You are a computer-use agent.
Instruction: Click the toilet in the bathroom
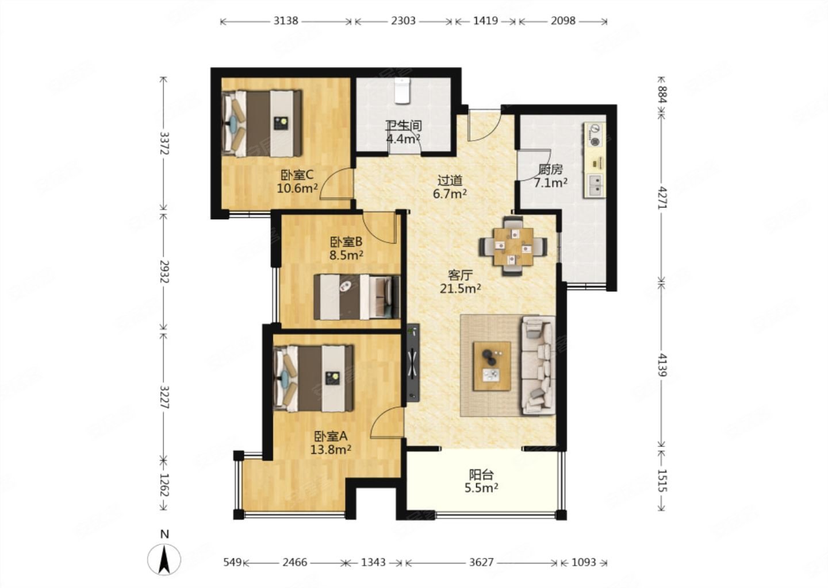pyautogui.click(x=402, y=90)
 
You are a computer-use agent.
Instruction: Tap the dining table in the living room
pyautogui.click(x=513, y=246)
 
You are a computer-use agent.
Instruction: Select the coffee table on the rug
pyautogui.click(x=492, y=366)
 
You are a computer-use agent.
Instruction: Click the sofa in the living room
pyautogui.click(x=538, y=365)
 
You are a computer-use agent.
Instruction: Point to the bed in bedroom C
pyautogui.click(x=261, y=123)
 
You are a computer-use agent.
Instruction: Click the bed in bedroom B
pyautogui.click(x=357, y=297)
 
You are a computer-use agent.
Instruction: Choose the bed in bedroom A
pyautogui.click(x=313, y=378)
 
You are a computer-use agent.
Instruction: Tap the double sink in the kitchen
pyautogui.click(x=595, y=185)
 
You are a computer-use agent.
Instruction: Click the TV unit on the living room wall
pyautogui.click(x=413, y=363)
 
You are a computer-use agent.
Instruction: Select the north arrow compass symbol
pyautogui.click(x=164, y=559)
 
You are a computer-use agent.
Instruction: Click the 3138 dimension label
pyautogui.click(x=285, y=21)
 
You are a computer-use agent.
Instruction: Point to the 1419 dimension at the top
pyautogui.click(x=485, y=21)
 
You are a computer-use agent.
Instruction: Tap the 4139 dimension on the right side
pyautogui.click(x=662, y=365)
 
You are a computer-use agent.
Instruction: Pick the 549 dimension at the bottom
pyautogui.click(x=232, y=562)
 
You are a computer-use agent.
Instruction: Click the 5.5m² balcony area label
pyautogui.click(x=481, y=488)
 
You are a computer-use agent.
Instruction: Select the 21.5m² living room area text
pyautogui.click(x=460, y=288)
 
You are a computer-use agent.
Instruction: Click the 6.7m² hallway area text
pyautogui.click(x=450, y=194)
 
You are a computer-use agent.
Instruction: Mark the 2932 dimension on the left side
pyautogui.click(x=164, y=272)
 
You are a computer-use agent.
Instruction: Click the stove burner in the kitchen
pyautogui.click(x=595, y=142)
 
